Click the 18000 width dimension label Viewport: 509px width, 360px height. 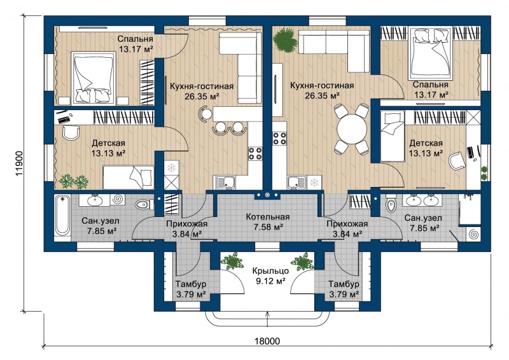click(x=267, y=341)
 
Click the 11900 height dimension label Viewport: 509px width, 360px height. click(x=20, y=163)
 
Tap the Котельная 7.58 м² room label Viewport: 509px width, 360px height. click(x=267, y=222)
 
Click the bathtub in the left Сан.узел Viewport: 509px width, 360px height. click(x=62, y=216)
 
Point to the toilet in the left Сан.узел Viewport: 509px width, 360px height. click(x=144, y=205)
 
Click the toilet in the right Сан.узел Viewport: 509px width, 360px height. click(x=391, y=204)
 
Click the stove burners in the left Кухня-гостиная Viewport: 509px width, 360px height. click(x=255, y=153)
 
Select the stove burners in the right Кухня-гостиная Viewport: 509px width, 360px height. click(x=279, y=138)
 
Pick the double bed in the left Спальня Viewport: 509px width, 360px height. click(x=94, y=78)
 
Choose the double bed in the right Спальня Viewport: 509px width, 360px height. click(x=431, y=53)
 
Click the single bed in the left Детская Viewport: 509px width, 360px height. click(x=129, y=177)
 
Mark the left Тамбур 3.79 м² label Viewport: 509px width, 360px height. click(x=191, y=289)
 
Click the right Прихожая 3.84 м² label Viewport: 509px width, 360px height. click(x=347, y=228)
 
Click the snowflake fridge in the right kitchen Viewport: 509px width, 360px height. click(x=314, y=182)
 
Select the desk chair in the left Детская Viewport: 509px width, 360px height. click(x=71, y=133)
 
